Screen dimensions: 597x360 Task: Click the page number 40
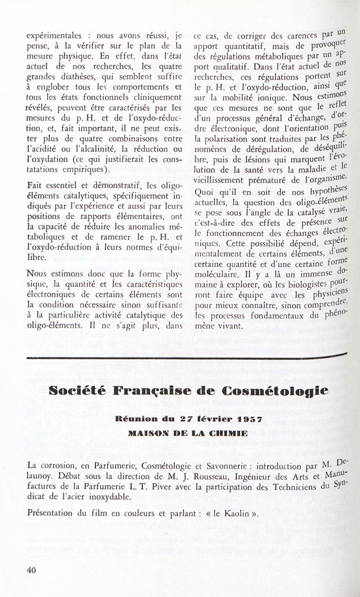click(31, 570)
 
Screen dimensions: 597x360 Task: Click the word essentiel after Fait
click(58, 186)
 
